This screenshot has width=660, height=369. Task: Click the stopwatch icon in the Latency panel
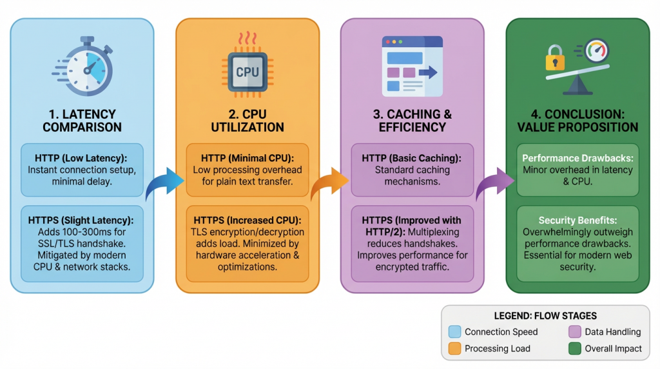82,68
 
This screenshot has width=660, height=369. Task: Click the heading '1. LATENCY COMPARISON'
82,120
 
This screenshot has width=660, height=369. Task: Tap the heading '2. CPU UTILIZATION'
247,120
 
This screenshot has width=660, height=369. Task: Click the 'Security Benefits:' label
578,220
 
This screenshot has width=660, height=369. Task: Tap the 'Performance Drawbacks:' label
578,158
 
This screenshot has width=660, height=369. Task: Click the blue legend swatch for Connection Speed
455,332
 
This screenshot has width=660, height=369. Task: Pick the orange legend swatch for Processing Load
455,348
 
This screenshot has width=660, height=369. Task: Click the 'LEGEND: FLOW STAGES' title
545,316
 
